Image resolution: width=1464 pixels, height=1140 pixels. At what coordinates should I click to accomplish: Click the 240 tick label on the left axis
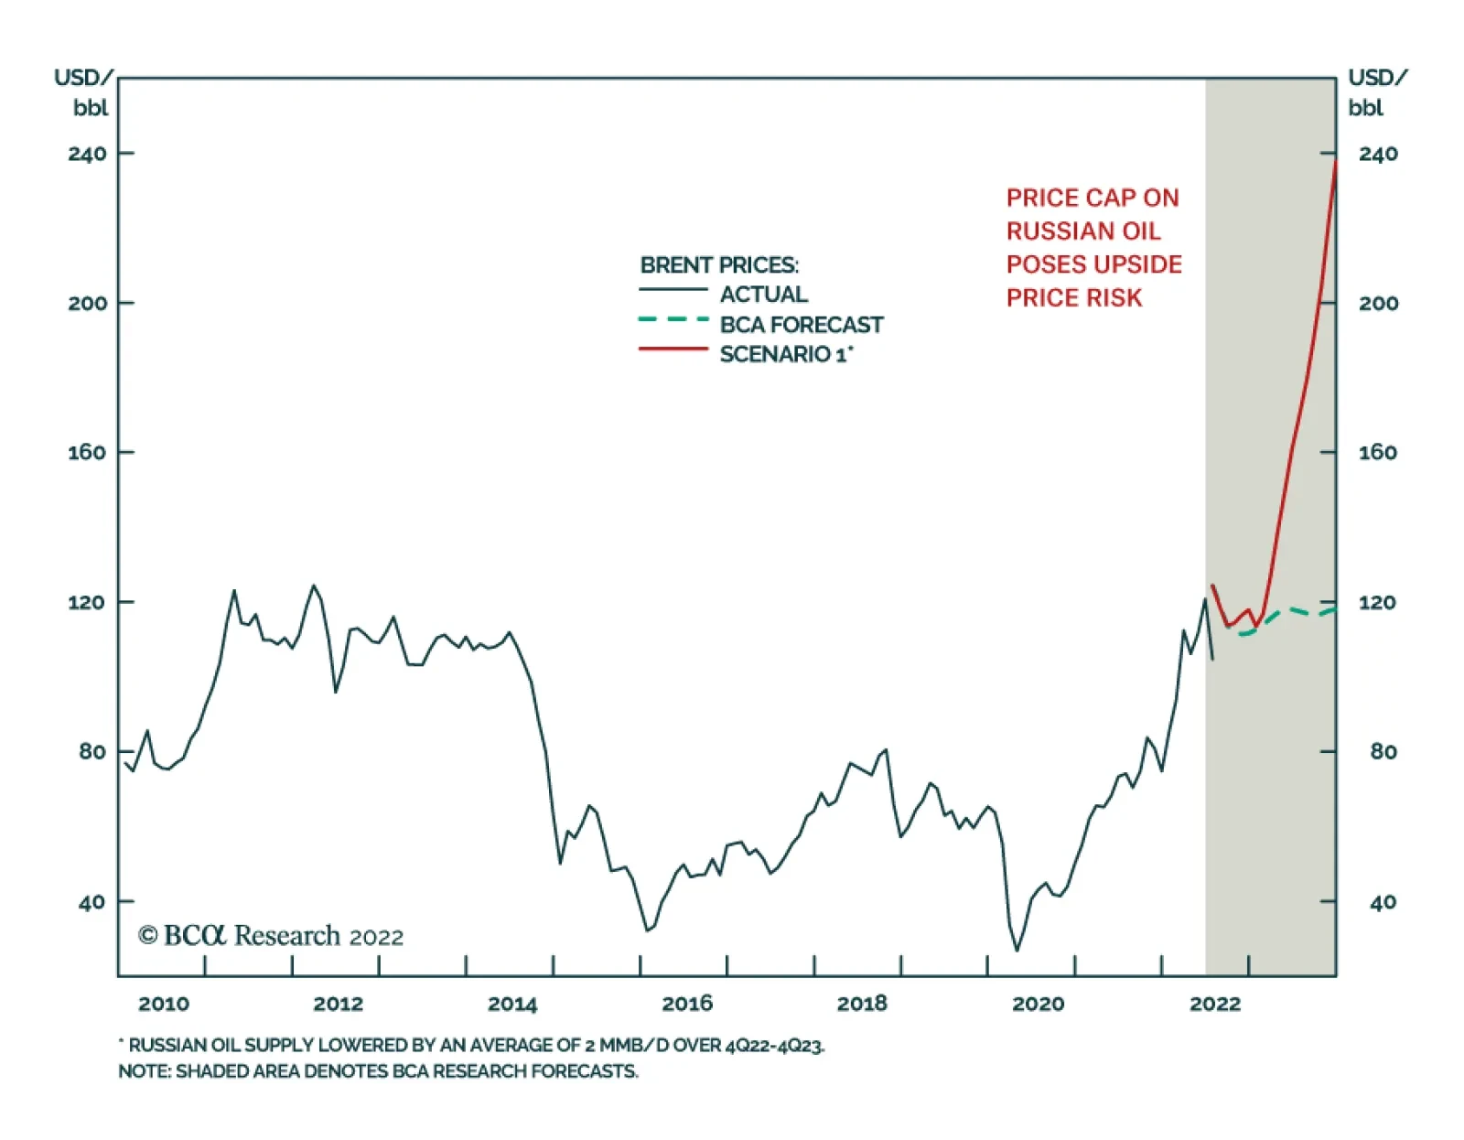[87, 154]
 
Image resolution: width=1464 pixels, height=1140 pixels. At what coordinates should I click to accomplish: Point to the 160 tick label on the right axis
[1377, 452]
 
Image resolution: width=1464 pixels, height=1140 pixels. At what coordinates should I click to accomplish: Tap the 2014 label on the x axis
[511, 1004]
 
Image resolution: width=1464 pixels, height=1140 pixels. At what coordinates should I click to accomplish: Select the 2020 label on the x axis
[1038, 1004]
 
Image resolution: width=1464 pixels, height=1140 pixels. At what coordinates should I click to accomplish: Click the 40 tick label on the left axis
[91, 902]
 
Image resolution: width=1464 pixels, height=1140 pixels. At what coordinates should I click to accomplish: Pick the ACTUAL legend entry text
[763, 295]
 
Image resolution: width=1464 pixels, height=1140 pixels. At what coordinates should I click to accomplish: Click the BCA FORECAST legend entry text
[802, 325]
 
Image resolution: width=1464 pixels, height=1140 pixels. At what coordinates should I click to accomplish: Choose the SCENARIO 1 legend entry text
[785, 355]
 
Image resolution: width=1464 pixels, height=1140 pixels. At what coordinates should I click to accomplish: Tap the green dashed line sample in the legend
[673, 319]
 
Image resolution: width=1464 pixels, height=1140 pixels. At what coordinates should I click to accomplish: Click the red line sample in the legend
[673, 349]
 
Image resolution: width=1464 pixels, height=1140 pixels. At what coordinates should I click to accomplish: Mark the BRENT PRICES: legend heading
[719, 265]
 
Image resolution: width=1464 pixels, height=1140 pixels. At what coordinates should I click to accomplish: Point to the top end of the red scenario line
[1336, 162]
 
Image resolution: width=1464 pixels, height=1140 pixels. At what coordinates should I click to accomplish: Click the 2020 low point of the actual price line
[1017, 950]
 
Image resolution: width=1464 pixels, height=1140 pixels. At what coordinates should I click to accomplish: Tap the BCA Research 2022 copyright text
[271, 936]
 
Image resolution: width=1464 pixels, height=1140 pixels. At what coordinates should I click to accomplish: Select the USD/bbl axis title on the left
[84, 92]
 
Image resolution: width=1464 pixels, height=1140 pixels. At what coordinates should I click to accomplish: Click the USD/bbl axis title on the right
[1377, 92]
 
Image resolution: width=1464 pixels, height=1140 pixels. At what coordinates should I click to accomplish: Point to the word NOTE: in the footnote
[144, 1071]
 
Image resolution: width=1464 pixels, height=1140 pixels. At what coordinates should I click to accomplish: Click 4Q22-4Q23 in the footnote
[774, 1046]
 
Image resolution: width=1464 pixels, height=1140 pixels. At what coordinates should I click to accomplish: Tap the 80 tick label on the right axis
[1383, 752]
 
